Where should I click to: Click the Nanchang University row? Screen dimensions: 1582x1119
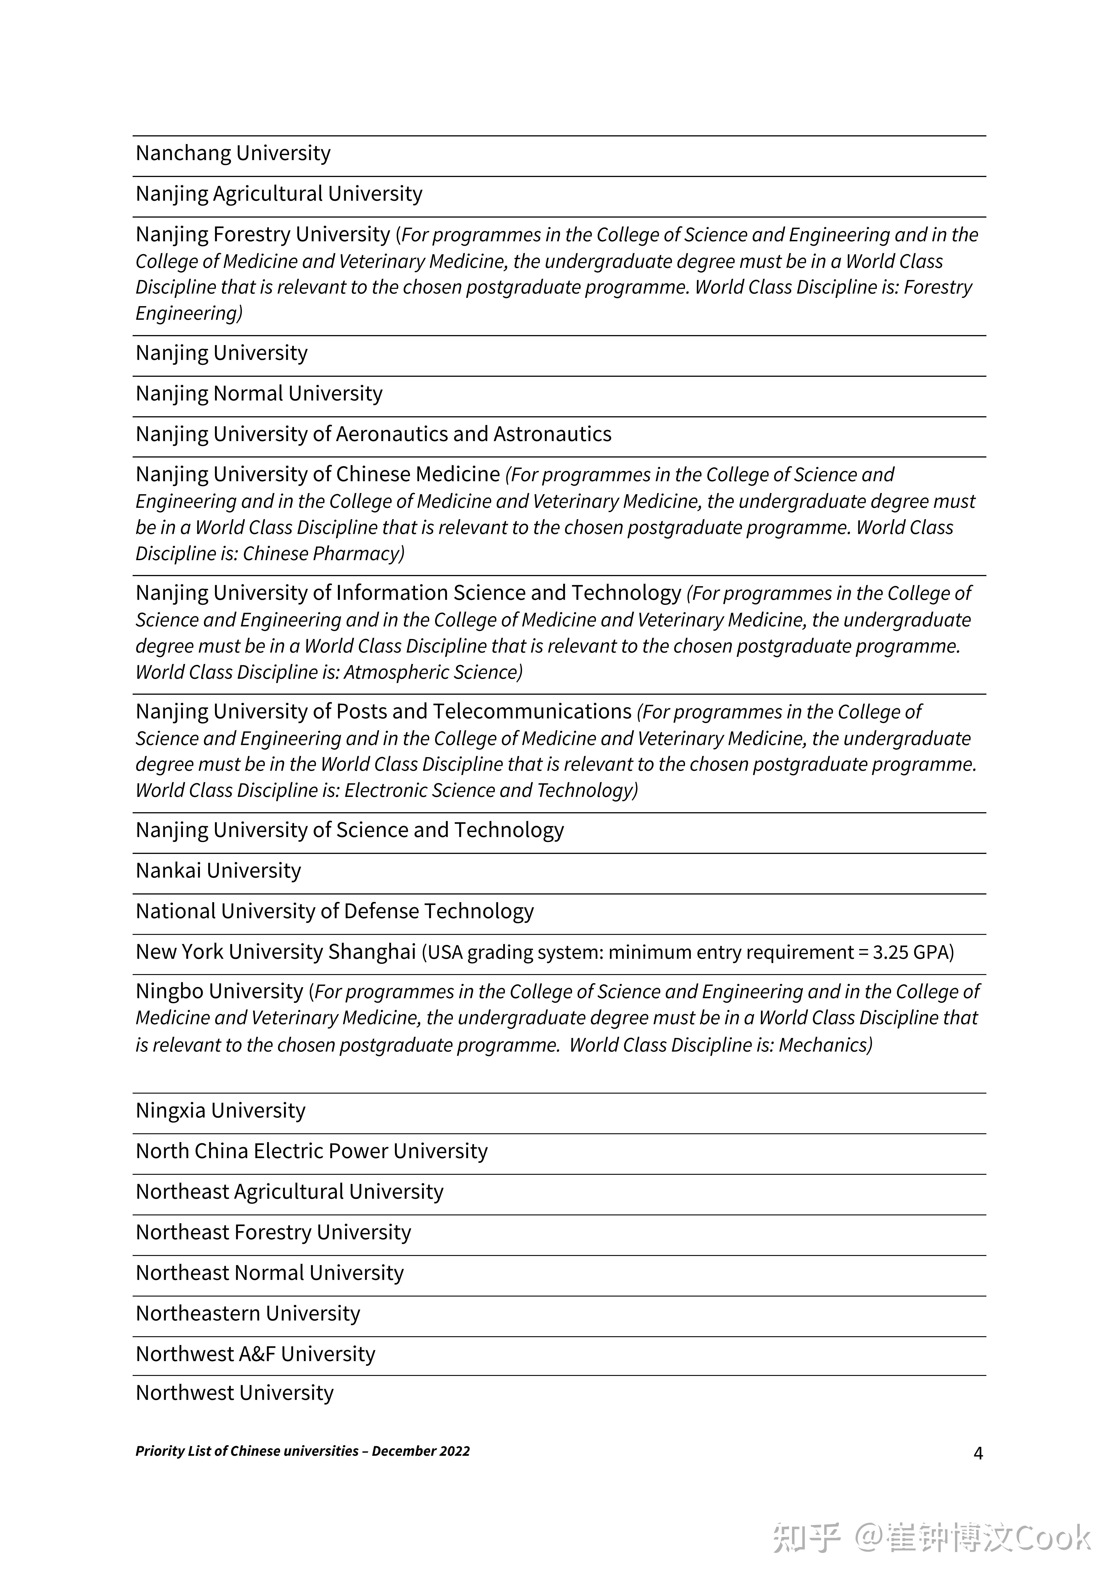point(233,153)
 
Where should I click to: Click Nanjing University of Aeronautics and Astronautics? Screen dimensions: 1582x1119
point(373,434)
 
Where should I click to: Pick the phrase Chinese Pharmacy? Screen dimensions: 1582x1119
point(323,553)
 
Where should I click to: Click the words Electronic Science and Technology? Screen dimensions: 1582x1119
point(490,790)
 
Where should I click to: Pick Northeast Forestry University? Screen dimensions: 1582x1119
point(273,1233)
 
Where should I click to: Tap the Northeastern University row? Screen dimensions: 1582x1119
point(247,1314)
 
